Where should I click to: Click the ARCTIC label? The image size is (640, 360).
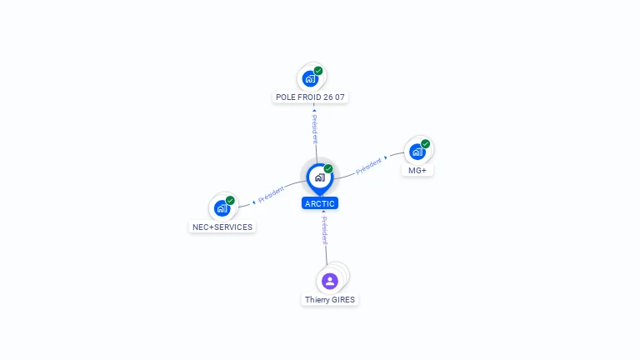(320, 203)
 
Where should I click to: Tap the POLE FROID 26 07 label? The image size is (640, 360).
(310, 97)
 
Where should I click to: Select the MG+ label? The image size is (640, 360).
(417, 170)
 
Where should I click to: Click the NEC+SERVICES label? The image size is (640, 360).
(222, 227)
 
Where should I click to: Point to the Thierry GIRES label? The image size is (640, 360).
(330, 299)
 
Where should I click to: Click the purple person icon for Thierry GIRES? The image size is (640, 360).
(330, 281)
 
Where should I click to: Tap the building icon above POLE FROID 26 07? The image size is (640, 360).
(310, 78)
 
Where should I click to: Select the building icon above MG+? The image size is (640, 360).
(417, 152)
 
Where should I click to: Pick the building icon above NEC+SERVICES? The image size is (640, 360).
(222, 208)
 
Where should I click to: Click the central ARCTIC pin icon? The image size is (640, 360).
(319, 177)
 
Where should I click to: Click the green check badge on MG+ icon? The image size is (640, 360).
(425, 144)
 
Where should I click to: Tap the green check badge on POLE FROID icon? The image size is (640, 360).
(318, 71)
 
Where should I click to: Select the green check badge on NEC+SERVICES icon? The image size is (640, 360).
(230, 201)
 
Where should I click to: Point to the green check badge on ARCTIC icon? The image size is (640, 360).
(328, 169)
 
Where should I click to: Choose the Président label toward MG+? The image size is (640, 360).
(368, 167)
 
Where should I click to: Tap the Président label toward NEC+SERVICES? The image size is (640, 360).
(271, 195)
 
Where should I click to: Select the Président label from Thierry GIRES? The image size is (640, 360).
(325, 229)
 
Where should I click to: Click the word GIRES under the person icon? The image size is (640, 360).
(342, 299)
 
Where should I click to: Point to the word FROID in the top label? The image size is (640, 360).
(309, 97)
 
